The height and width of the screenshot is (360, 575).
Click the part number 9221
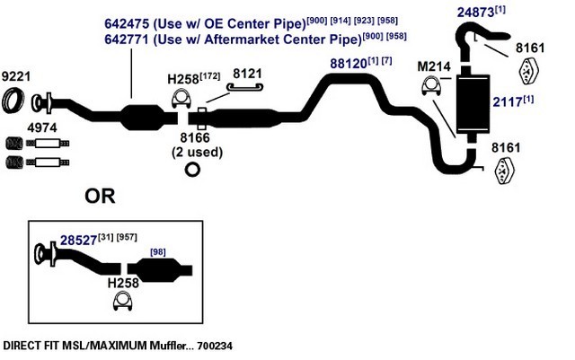click(x=16, y=76)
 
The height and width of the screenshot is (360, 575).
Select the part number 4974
click(x=42, y=128)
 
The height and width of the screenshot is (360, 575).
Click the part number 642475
click(x=127, y=23)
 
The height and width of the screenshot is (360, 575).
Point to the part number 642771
click(x=127, y=39)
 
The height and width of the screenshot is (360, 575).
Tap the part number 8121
click(x=247, y=74)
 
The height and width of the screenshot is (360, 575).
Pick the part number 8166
click(x=195, y=138)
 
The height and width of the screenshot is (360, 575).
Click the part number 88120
click(x=349, y=64)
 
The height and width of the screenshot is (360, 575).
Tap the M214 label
click(x=434, y=66)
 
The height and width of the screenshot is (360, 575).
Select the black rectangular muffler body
click(x=473, y=104)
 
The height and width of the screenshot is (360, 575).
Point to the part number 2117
click(x=507, y=102)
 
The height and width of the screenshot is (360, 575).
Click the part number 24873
click(x=475, y=13)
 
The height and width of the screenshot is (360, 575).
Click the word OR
click(x=100, y=196)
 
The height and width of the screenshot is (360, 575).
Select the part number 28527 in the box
click(x=78, y=241)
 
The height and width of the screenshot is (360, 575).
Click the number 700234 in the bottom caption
click(x=215, y=346)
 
